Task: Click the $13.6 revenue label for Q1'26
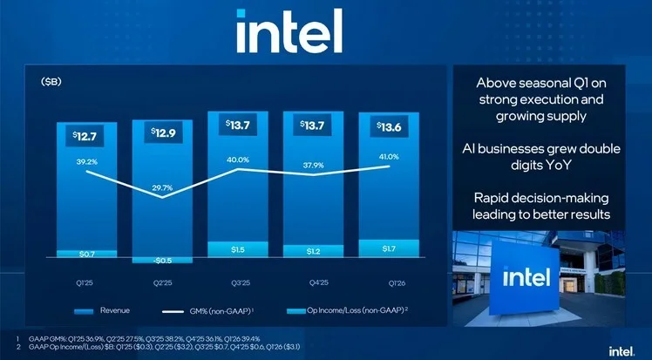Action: [x=389, y=126]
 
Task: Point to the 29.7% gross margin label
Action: [x=161, y=187]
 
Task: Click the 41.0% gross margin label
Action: [x=388, y=157]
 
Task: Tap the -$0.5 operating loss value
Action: [x=161, y=260]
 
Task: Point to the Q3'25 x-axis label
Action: [x=237, y=282]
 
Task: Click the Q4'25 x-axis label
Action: [x=313, y=282]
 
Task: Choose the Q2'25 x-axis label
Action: [x=161, y=282]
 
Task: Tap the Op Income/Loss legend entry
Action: [x=347, y=310]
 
